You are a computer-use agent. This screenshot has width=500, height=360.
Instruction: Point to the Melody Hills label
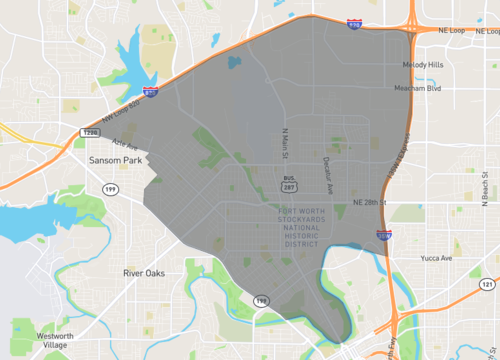point(422,65)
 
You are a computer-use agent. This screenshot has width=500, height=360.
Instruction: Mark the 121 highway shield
point(486,285)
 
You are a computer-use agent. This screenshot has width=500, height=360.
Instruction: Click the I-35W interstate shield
point(383,235)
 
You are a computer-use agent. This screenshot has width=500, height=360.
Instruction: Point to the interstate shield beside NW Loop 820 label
point(149,92)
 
